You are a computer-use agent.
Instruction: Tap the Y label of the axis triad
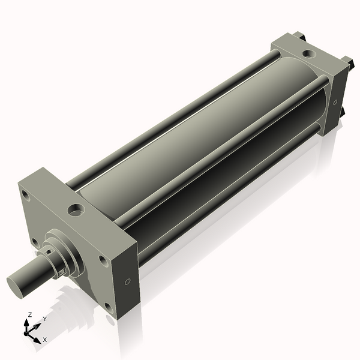click(x=44, y=319)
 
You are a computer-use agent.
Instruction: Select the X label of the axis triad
click(x=44, y=340)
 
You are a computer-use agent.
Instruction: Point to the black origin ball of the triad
click(x=26, y=331)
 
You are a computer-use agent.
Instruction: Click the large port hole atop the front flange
click(x=76, y=210)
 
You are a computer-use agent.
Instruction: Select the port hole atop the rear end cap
click(x=308, y=54)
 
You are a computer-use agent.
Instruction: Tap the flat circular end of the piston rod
click(x=16, y=283)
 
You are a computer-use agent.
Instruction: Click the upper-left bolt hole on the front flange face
click(x=25, y=194)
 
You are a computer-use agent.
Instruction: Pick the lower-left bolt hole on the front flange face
click(x=35, y=243)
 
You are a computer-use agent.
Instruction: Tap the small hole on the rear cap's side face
click(x=335, y=101)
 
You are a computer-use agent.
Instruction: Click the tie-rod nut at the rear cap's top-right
click(x=347, y=61)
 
